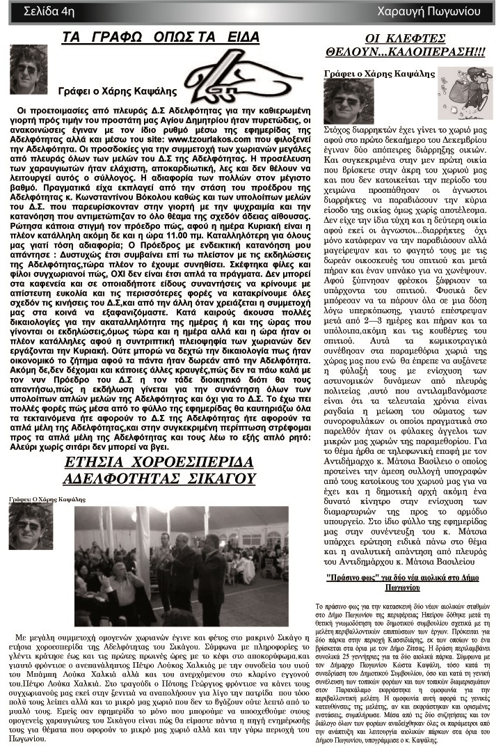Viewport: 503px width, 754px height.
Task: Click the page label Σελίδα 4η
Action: point(48,11)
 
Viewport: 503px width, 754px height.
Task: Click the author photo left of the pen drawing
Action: point(29,70)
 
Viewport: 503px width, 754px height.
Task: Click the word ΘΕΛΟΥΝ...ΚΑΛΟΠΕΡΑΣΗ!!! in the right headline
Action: point(406,51)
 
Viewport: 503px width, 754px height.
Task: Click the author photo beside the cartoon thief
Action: point(349,102)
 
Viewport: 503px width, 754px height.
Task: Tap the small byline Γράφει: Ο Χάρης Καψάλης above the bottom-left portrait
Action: point(47,499)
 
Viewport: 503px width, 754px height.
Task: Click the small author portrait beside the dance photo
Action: point(30,526)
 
